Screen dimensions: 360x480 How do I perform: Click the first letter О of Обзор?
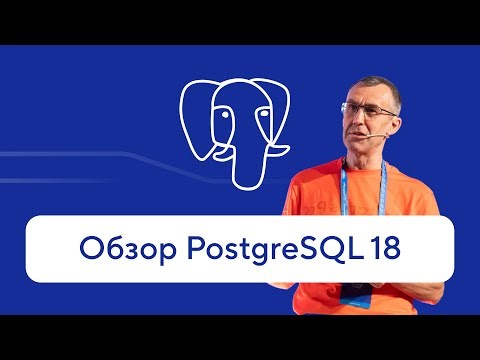[88, 247]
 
